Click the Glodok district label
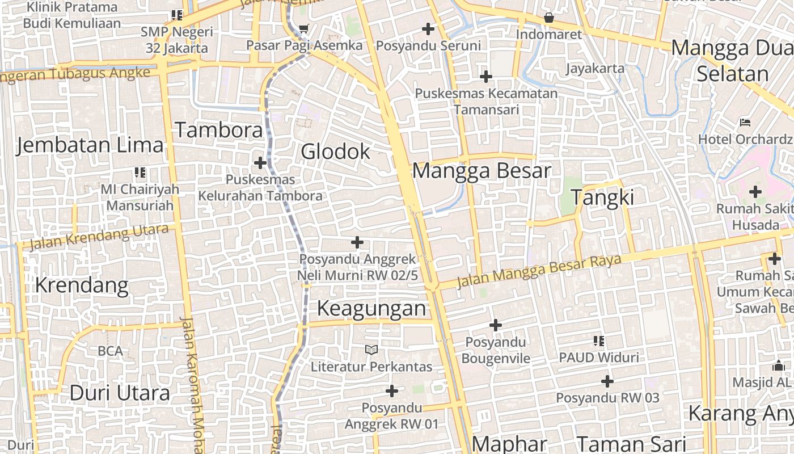[x=335, y=152]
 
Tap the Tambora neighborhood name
[x=219, y=130]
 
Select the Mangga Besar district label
[x=482, y=171]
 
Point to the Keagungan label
[x=371, y=308]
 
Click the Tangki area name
[x=602, y=197]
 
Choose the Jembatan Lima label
[x=90, y=145]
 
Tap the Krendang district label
[x=82, y=285]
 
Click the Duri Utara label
[x=120, y=393]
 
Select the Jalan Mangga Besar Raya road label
[x=539, y=271]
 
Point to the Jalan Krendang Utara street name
[x=99, y=237]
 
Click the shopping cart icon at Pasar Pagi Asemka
[x=304, y=28]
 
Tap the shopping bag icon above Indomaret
[x=548, y=18]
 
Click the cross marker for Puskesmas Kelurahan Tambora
[x=260, y=163]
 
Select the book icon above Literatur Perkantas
[x=371, y=350]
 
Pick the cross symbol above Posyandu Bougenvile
[x=496, y=325]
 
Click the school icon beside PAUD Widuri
[x=599, y=341]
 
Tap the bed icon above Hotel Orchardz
[x=745, y=123]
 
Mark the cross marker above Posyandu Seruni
[x=428, y=28]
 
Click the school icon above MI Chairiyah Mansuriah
[x=140, y=173]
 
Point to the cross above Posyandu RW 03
[x=607, y=381]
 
